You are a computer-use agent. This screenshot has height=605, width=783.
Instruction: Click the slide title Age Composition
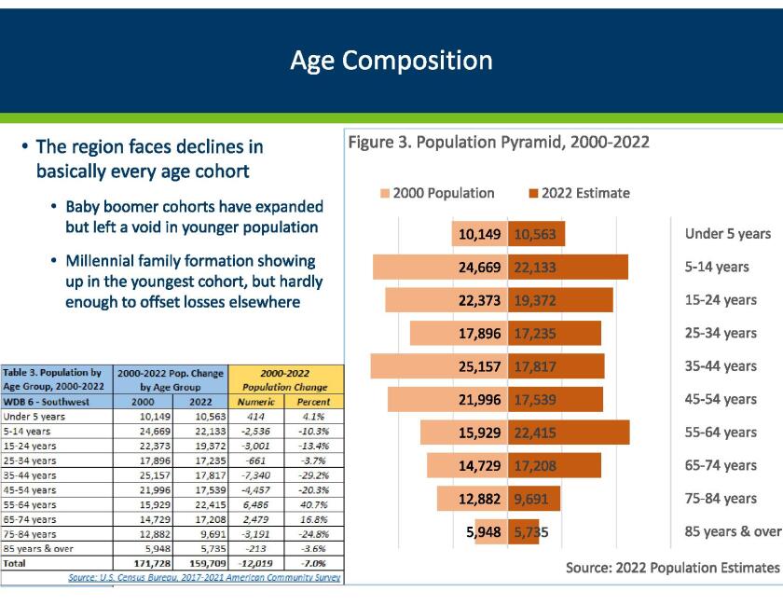391,61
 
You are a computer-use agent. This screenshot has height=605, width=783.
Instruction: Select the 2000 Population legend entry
436,193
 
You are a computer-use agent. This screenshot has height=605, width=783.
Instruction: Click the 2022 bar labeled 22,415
570,433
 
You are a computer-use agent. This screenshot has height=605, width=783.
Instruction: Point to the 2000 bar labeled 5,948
490,532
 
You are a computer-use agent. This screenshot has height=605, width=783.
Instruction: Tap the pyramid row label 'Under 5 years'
727,234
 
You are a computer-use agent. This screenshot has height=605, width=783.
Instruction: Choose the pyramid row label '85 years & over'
733,531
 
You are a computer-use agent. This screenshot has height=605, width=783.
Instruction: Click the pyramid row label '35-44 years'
721,366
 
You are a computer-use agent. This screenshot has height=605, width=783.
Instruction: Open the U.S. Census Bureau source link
204,578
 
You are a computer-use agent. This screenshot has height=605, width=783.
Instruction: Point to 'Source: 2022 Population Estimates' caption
671,568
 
